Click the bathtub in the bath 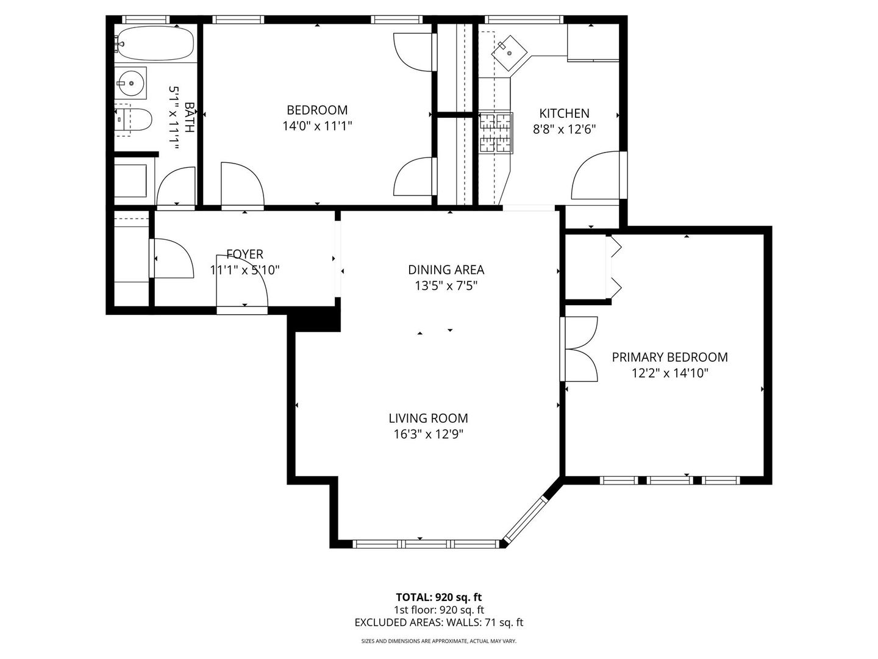pyautogui.click(x=154, y=43)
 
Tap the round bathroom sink pyautogui.click(x=131, y=83)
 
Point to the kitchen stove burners pyautogui.click(x=496, y=132)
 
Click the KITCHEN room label pyautogui.click(x=564, y=113)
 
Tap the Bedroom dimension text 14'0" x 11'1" pyautogui.click(x=317, y=126)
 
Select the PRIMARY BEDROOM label pyautogui.click(x=669, y=357)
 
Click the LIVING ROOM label pyautogui.click(x=428, y=418)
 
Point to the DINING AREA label pyautogui.click(x=446, y=270)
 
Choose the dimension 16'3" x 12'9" pyautogui.click(x=428, y=434)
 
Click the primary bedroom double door pyautogui.click(x=579, y=349)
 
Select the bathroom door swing pyautogui.click(x=176, y=187)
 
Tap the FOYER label pyautogui.click(x=244, y=254)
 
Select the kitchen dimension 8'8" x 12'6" pyautogui.click(x=564, y=129)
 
